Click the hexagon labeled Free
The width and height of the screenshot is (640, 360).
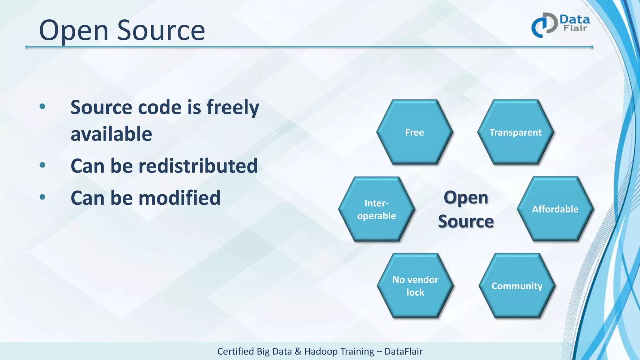pos(414,132)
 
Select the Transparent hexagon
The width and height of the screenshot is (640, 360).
pos(515,132)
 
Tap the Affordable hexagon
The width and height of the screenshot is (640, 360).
pos(555,209)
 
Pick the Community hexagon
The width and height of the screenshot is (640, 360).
pos(517,286)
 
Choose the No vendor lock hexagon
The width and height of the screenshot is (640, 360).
pos(415,286)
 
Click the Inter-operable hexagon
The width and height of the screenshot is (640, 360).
pos(376,209)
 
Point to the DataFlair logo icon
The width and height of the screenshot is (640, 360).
pos(544,25)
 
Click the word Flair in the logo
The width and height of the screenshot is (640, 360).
pos(575,28)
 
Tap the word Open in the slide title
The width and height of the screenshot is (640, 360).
pos(74,31)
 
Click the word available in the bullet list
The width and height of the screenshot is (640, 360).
pos(111,134)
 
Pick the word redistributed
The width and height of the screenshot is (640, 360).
pos(198,166)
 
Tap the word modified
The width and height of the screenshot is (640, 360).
pos(179,198)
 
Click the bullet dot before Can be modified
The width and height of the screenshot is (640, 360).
pos(42,197)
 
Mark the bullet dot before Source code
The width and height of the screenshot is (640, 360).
pos(42,107)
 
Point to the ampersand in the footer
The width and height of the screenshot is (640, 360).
pos(298,352)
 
